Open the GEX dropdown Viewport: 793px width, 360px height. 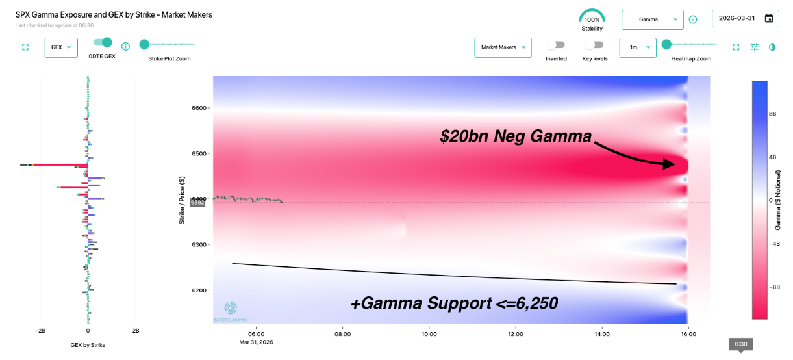click(x=61, y=47)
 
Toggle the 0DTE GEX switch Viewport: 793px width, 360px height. click(x=103, y=43)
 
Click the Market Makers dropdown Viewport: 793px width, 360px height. click(x=503, y=47)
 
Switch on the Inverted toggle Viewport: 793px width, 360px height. click(x=555, y=45)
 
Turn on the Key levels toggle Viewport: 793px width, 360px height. click(x=594, y=45)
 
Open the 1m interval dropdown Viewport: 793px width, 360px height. click(x=637, y=47)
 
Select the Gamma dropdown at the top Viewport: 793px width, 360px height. click(x=652, y=19)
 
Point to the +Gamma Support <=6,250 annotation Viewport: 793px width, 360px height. click(x=454, y=303)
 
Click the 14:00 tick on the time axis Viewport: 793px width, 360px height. click(x=601, y=334)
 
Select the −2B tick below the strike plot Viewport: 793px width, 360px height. click(x=40, y=330)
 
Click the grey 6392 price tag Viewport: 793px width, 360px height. click(x=197, y=203)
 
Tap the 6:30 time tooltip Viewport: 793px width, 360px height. click(x=740, y=344)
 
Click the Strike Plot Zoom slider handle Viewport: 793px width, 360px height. click(x=144, y=44)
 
